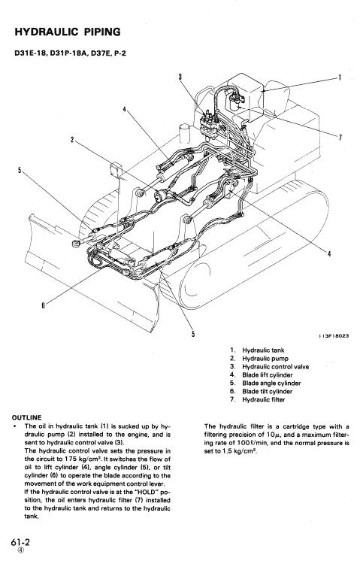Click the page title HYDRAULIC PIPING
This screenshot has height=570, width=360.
[x=68, y=33]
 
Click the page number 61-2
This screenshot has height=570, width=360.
[x=18, y=541]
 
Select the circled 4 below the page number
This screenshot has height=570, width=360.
[x=18, y=553]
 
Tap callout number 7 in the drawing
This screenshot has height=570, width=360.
[x=340, y=136]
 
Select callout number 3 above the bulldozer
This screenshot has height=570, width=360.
[x=180, y=75]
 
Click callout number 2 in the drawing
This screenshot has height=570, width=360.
[x=73, y=140]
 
